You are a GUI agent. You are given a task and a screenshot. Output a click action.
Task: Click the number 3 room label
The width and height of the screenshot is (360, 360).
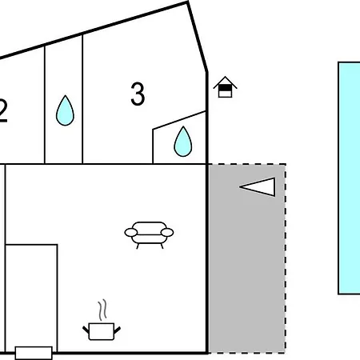click(138, 94)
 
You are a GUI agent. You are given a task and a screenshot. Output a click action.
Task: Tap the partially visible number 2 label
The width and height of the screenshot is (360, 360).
click(3, 111)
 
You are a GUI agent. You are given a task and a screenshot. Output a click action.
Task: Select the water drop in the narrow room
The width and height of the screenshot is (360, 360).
click(65, 110)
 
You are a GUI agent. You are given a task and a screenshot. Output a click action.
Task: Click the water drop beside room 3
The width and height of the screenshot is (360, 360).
click(183, 142)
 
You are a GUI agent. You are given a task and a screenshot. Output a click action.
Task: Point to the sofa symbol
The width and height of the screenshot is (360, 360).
click(149, 235)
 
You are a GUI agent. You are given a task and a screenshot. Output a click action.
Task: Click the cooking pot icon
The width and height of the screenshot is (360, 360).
click(102, 331)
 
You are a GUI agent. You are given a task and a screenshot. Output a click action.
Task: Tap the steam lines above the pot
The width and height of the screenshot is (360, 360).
click(102, 310)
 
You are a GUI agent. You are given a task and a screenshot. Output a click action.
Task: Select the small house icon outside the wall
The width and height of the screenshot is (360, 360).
click(225, 87)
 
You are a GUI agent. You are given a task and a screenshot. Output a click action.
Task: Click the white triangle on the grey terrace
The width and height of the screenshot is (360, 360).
click(258, 187)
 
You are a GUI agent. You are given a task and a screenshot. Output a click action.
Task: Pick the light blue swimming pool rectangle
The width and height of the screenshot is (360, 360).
click(349, 178)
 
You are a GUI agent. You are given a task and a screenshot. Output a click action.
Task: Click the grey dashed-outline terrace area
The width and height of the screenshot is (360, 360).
click(246, 258)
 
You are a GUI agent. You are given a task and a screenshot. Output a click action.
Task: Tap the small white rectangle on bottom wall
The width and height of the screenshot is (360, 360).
click(34, 353)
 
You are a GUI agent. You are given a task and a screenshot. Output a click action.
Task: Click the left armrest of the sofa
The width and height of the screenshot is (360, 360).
click(131, 233)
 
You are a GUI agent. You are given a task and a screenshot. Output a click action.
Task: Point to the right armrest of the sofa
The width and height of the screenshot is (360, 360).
click(167, 233)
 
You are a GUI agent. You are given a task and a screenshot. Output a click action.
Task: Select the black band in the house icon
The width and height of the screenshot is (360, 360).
click(225, 88)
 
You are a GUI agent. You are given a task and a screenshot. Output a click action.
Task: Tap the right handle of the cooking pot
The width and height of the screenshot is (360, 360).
click(118, 330)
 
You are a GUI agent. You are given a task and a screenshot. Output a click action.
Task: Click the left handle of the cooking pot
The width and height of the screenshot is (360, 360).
click(86, 330)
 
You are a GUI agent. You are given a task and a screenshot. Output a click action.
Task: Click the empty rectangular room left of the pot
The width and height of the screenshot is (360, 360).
click(31, 295)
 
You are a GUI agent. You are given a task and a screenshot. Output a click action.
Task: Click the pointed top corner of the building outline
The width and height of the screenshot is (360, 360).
click(188, 2)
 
